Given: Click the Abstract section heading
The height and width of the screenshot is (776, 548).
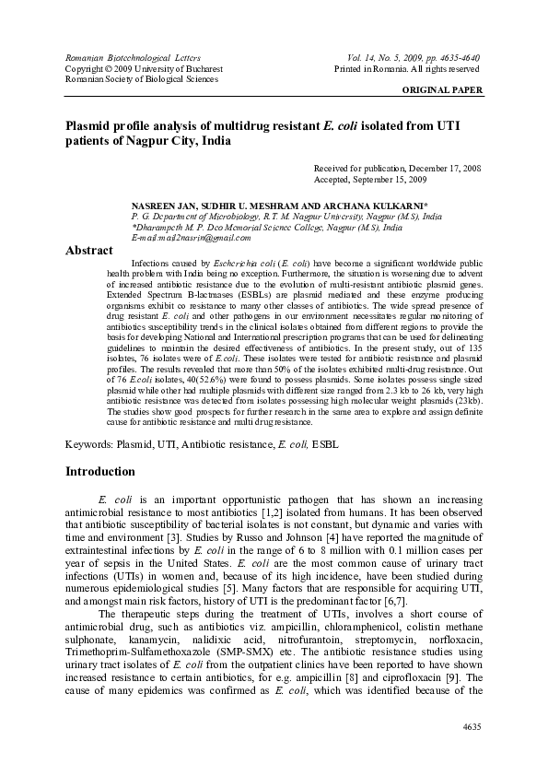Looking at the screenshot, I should point(89,251).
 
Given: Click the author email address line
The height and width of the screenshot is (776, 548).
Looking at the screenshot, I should point(192,238).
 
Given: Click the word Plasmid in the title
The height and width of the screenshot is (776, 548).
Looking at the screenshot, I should point(90,125).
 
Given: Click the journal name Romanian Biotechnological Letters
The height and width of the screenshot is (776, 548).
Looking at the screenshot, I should point(127,57).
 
